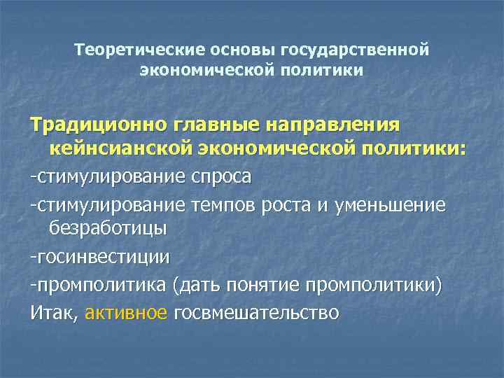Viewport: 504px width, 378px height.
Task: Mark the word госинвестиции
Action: point(102,257)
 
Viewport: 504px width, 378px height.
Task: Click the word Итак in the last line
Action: point(53,312)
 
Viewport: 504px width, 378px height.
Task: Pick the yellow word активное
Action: point(127,312)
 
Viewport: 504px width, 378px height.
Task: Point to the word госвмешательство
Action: point(256,312)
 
